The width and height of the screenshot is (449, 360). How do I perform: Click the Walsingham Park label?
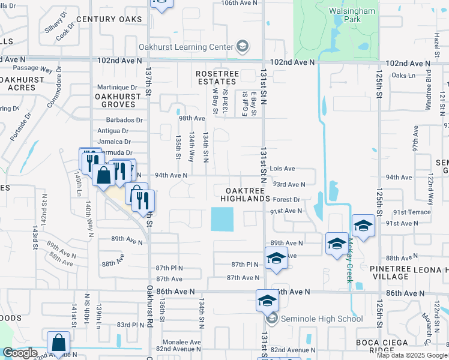352,15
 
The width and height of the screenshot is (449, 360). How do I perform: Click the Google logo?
20,353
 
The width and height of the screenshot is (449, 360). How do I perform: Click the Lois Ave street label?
282,169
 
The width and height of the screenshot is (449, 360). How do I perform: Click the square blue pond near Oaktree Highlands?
222,219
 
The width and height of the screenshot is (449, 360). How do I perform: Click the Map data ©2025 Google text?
412,355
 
